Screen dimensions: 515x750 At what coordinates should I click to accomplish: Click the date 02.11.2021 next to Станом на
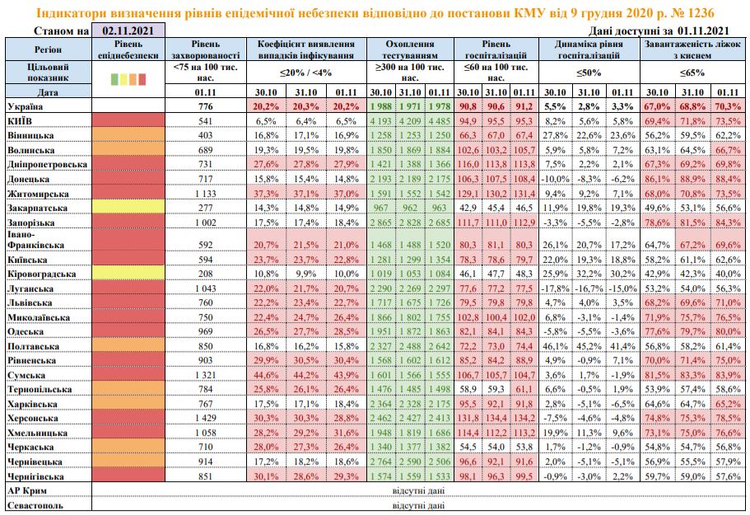128,30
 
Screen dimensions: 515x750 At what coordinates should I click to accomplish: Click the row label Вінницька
30,133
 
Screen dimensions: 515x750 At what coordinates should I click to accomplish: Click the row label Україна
26,107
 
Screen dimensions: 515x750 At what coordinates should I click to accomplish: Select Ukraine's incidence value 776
199,107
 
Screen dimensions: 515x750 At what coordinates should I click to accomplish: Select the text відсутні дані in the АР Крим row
420,491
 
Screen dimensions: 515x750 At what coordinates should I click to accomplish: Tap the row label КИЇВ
20,120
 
